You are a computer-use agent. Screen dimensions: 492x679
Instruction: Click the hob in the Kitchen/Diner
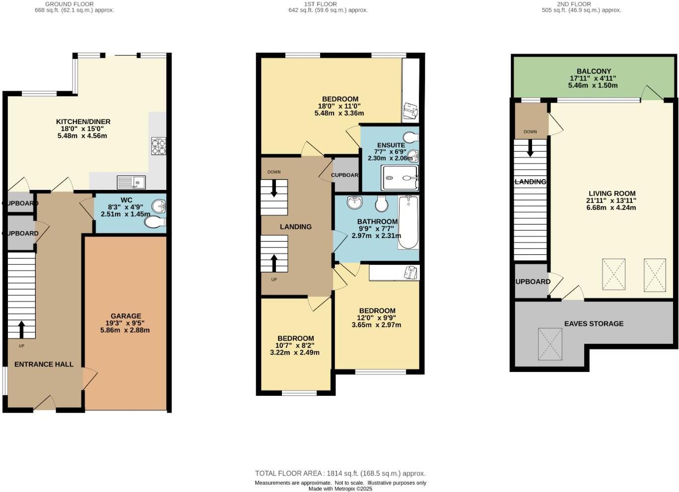coord(158,146)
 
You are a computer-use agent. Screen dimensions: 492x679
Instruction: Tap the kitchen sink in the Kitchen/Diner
coord(131,183)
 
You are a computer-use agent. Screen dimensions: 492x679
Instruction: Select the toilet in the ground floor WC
coord(155,223)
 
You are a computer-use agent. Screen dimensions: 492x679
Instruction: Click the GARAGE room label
coord(126,316)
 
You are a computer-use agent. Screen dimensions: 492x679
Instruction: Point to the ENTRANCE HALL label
coord(44,364)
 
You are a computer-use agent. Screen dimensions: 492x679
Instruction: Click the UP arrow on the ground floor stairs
coord(21,329)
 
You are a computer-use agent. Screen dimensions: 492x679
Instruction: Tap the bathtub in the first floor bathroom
coord(408,222)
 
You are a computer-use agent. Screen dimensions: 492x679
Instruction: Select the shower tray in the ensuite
coord(400,178)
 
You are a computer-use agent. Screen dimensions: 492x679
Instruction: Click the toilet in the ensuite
coord(411,137)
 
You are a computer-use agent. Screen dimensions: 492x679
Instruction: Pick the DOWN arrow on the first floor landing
coord(273,188)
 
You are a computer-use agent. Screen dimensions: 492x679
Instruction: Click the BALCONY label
coord(594,71)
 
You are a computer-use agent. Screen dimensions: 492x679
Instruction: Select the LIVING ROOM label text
coord(611,193)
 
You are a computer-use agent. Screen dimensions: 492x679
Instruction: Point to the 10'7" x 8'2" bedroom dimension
coord(295,346)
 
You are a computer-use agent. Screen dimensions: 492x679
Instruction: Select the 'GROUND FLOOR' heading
coord(69,4)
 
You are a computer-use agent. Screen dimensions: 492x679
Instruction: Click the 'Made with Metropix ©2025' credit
coord(340,489)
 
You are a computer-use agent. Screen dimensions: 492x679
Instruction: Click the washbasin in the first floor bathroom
coord(355,202)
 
